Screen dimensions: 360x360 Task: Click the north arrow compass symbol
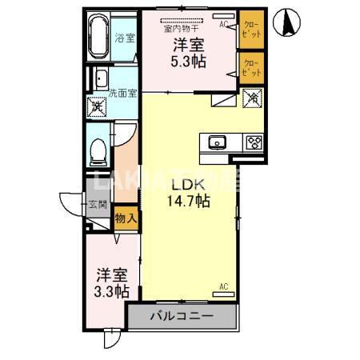coord(286,22)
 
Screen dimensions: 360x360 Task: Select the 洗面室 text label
coord(123,91)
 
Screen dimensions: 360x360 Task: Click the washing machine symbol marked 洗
coord(98,105)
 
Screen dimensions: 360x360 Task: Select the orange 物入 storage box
coord(125,217)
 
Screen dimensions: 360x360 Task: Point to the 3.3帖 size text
coord(110,291)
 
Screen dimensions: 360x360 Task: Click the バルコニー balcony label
coord(183,317)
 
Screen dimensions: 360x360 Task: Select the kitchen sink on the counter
coord(218,143)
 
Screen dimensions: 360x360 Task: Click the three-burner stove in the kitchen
coord(254,143)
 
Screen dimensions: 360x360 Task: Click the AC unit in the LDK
coord(225,292)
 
